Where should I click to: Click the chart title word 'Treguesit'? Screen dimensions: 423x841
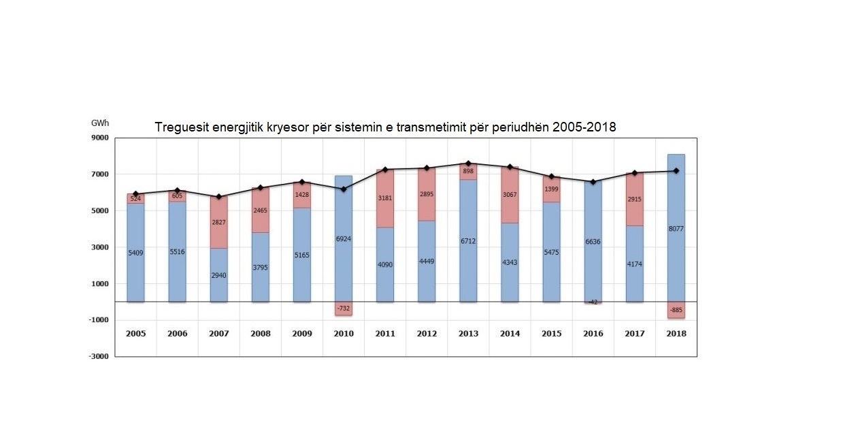tap(179, 127)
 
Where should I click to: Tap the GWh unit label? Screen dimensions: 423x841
tap(100, 123)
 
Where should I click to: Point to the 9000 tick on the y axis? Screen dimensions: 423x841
tap(99, 138)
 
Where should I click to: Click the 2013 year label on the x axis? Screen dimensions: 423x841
tap(468, 334)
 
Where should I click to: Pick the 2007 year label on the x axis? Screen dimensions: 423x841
tap(218, 334)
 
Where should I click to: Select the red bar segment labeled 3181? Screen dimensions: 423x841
tap(385, 198)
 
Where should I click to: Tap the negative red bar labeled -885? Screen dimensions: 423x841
tap(676, 310)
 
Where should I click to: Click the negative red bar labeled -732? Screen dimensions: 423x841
tap(344, 309)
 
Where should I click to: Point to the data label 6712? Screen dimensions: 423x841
tap(468, 240)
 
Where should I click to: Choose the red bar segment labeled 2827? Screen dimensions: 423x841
tap(218, 223)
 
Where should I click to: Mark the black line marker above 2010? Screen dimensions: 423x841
tap(344, 189)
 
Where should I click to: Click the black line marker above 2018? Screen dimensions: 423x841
tap(676, 171)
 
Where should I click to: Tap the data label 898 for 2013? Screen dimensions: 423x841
tap(468, 172)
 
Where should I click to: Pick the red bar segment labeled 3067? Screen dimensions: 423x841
tap(510, 195)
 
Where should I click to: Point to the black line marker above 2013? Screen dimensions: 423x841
tap(468, 163)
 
